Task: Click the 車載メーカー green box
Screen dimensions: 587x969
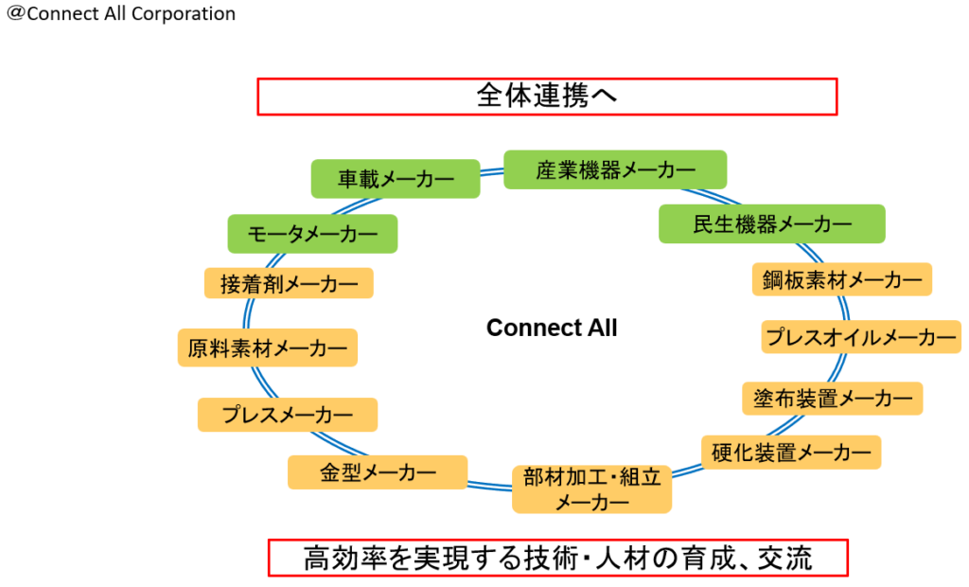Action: coord(396,178)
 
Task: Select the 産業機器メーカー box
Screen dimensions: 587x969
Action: coord(615,169)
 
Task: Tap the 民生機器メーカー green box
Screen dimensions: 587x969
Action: coord(771,224)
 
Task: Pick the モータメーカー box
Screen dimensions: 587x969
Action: coord(312,233)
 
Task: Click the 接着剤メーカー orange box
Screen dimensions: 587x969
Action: coord(289,283)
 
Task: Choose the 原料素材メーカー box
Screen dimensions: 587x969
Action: coord(267,347)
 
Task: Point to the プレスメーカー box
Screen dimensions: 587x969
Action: coord(287,415)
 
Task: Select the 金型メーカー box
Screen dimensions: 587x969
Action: coord(378,472)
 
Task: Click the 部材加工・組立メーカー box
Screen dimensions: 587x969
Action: coord(591,489)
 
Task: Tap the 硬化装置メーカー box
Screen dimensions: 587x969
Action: coord(791,453)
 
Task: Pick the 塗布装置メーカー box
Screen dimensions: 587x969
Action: coord(832,398)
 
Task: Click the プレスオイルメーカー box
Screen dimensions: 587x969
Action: coord(861,337)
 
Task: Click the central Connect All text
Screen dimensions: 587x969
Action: coord(552,328)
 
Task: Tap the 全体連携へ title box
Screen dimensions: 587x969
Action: coord(547,97)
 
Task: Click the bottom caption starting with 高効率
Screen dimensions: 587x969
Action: coord(557,558)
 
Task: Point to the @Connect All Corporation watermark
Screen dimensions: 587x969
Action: coord(121,14)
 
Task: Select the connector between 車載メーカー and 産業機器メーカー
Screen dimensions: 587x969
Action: coord(491,171)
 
